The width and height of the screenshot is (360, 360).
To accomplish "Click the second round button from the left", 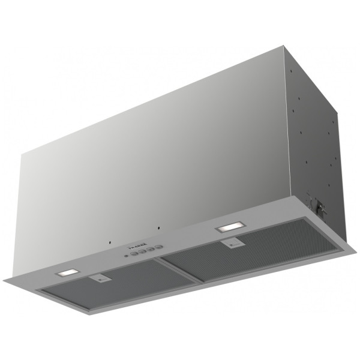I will pos(142,252).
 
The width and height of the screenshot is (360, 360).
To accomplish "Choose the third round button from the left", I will pos(151,250).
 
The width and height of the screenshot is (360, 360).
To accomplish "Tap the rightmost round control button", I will pos(159,247).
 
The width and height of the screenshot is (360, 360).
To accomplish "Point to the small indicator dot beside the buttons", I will pos(125,257).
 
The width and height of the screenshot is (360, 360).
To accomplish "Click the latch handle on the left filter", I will pos(100,278).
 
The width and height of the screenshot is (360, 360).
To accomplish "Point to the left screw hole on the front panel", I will pos(110,243).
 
